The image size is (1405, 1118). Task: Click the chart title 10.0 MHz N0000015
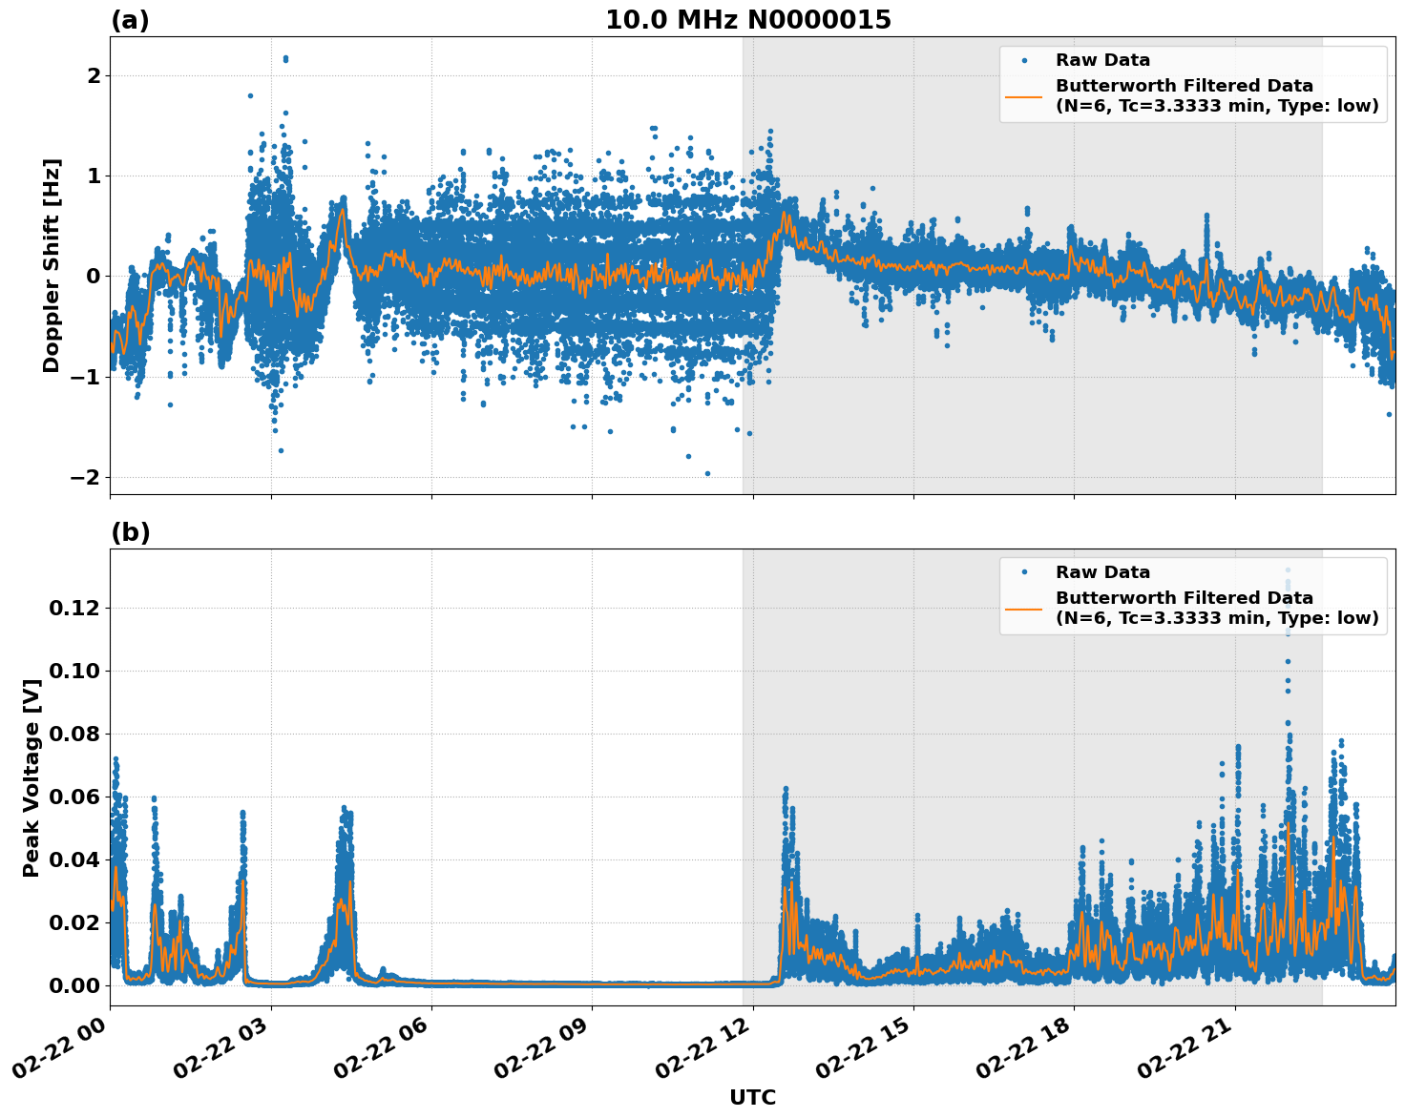pos(748,20)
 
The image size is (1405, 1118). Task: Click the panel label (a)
pos(130,20)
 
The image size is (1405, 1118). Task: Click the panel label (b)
pos(130,532)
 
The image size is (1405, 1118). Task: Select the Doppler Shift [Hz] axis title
pos(52,265)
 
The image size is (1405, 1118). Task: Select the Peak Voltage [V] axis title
pos(31,777)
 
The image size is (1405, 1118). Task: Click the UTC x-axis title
pos(752,1097)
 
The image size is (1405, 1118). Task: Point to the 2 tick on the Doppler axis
pos(94,75)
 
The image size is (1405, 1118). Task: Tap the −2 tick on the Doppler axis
pos(86,477)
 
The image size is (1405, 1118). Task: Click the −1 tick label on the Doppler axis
pos(86,377)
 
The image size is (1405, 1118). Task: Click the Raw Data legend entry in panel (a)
pos(1102,60)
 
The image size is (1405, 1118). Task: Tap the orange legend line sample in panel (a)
pos(1024,95)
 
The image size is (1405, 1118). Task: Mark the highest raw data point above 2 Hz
pos(285,58)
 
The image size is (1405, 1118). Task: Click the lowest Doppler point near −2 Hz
pos(707,473)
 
